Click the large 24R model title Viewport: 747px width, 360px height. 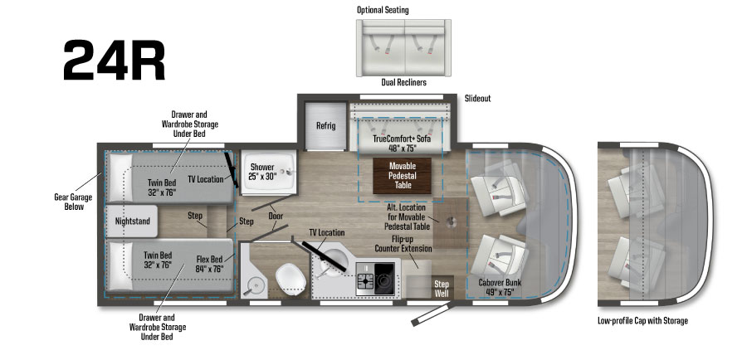[114, 60]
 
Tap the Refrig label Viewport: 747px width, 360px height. [325, 126]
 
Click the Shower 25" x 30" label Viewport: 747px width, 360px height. [263, 172]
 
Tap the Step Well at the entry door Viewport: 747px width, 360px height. [442, 288]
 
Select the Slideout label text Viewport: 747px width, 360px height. [477, 98]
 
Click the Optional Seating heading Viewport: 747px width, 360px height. [383, 10]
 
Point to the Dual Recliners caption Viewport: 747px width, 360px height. [403, 82]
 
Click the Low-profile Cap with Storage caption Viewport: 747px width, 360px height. [642, 320]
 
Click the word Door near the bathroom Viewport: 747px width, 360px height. [276, 217]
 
